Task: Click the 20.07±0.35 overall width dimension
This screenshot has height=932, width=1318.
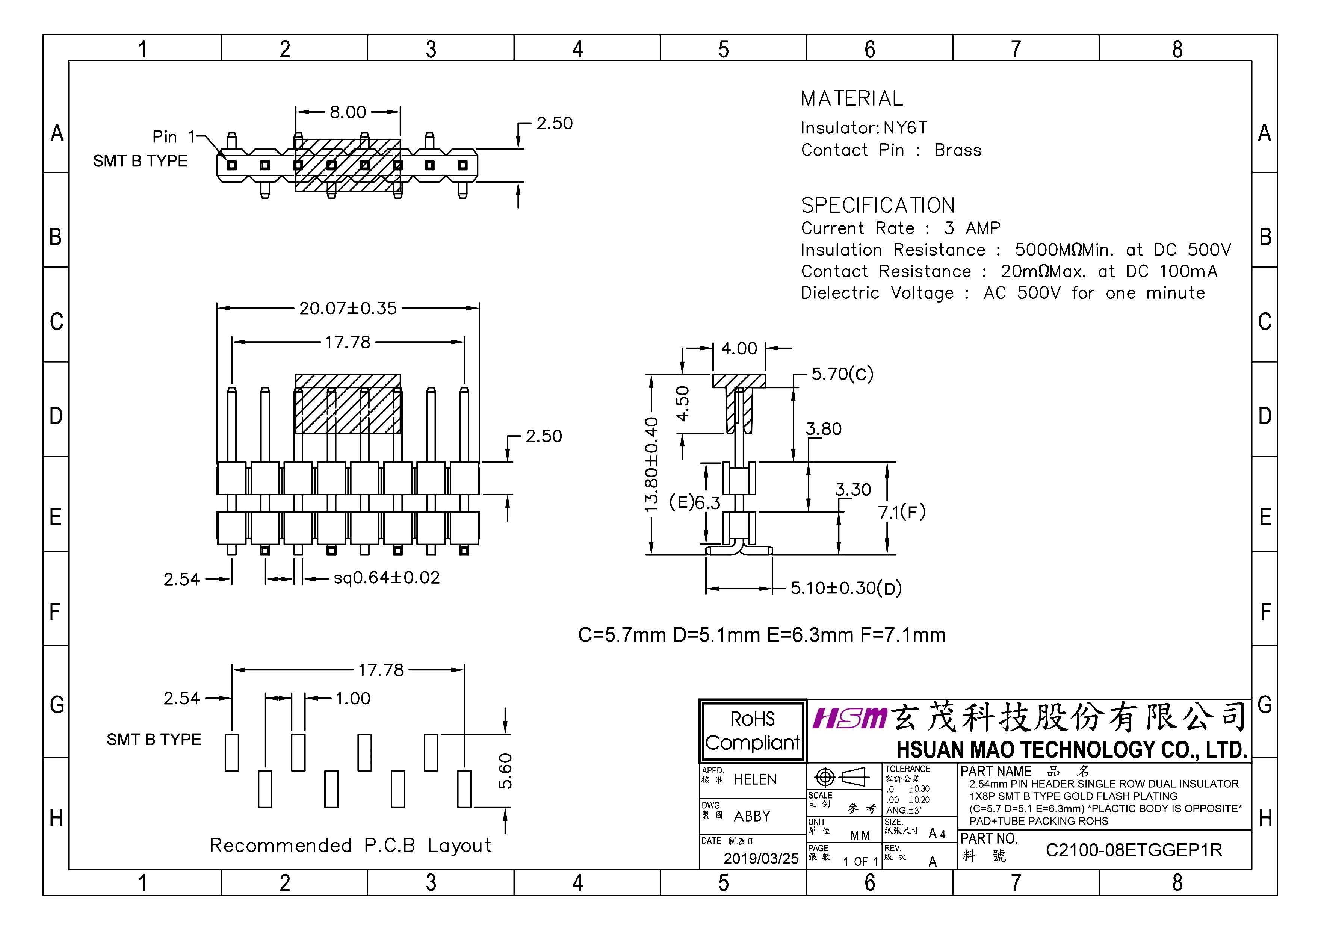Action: (x=348, y=309)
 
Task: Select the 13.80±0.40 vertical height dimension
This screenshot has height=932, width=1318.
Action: (x=651, y=464)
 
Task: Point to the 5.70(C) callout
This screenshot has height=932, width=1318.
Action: (x=842, y=374)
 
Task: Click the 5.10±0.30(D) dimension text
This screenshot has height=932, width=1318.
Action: (x=846, y=588)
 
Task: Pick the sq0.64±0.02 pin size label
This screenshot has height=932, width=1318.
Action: (x=387, y=578)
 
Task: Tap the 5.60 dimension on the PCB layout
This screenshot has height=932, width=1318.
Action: (x=505, y=771)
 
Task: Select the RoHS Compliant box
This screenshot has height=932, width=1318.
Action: (x=752, y=731)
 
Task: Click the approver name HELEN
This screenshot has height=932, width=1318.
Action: (x=755, y=779)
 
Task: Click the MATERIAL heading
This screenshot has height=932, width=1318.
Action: (x=852, y=99)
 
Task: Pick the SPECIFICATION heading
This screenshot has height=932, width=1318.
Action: (x=878, y=206)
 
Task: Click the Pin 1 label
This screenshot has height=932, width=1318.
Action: (x=173, y=137)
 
